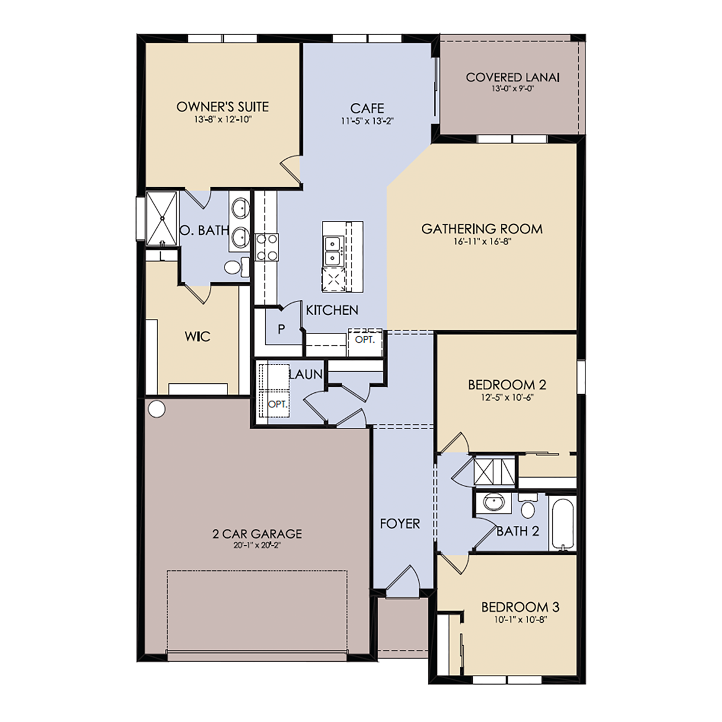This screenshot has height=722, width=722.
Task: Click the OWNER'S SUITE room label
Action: [x=223, y=106]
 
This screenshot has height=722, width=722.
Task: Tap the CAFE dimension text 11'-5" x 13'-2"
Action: [x=367, y=121]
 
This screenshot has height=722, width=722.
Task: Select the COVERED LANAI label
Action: [x=513, y=77]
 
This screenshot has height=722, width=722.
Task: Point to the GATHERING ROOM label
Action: [x=482, y=229]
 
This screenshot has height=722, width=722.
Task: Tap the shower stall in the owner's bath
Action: [x=161, y=218]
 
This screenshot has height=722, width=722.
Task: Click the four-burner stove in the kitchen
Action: [x=267, y=247]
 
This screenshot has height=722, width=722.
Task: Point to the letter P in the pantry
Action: [x=282, y=329]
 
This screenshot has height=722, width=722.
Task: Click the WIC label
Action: [x=197, y=336]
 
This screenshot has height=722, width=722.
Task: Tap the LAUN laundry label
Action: [x=306, y=374]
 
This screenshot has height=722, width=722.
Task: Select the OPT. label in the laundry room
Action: [x=277, y=405]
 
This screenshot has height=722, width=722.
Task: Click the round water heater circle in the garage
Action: [x=156, y=409]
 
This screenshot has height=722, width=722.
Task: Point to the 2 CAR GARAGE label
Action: [x=257, y=534]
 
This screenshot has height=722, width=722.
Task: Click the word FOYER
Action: [x=400, y=523]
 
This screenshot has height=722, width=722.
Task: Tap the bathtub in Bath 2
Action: [x=563, y=523]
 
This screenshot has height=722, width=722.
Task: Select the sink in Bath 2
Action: [x=493, y=503]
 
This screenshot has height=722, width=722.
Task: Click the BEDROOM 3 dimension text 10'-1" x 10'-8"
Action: [x=520, y=620]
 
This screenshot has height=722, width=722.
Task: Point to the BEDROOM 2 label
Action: [x=507, y=385]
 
